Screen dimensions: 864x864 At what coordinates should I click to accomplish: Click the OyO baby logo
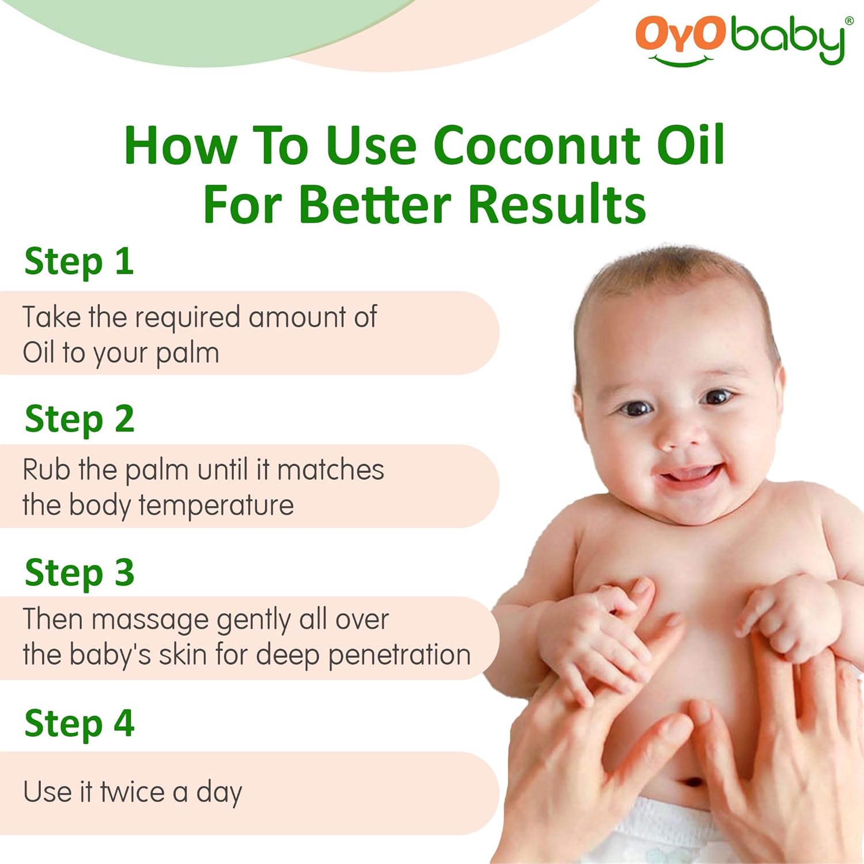(740, 39)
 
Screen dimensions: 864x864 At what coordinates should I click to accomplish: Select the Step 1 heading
(79, 262)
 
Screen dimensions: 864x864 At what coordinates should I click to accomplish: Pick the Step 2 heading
(79, 419)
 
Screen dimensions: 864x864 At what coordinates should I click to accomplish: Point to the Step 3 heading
(79, 573)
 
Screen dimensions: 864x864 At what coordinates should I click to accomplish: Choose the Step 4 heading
(79, 724)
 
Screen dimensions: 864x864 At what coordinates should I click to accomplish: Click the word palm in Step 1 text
(187, 353)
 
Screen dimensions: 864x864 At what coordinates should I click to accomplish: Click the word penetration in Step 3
(399, 655)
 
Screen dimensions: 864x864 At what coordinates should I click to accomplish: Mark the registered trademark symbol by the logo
(849, 21)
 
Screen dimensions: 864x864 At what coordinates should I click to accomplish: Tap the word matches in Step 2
(330, 470)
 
